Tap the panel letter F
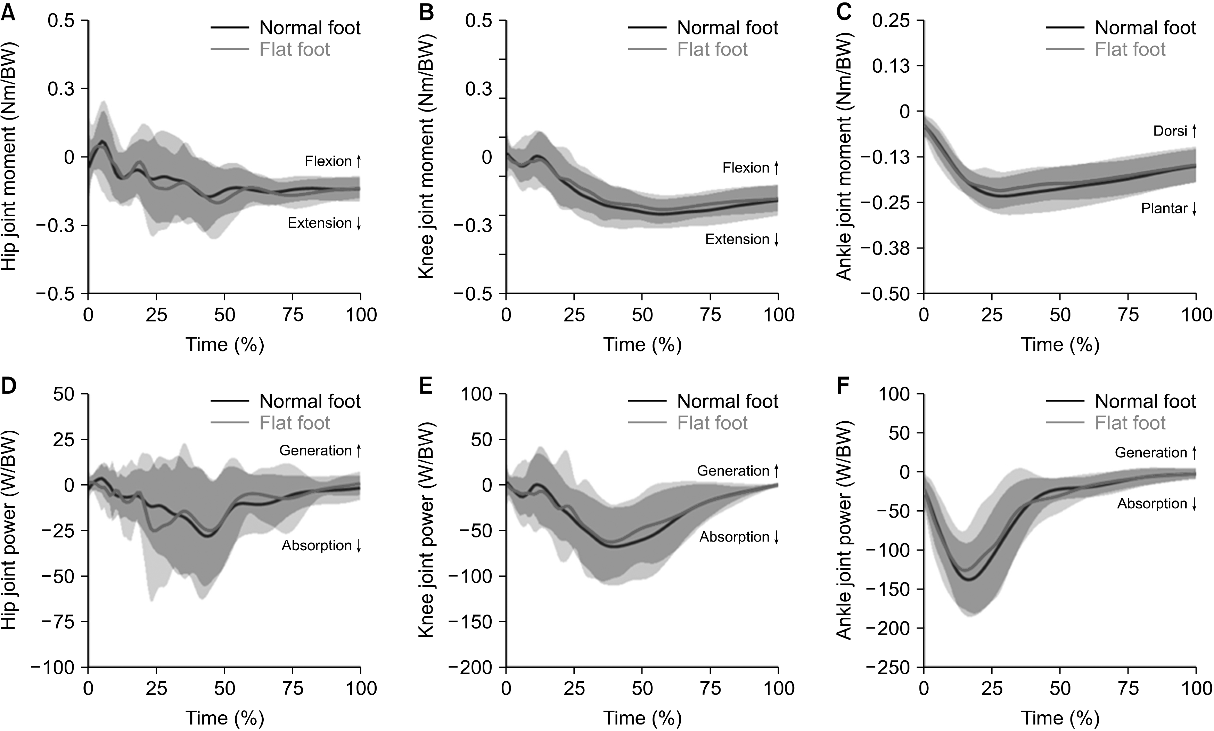pyautogui.click(x=844, y=386)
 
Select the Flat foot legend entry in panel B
pyautogui.click(x=712, y=49)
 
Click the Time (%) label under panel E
pyautogui.click(x=642, y=718)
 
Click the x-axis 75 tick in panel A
pyautogui.click(x=293, y=315)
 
